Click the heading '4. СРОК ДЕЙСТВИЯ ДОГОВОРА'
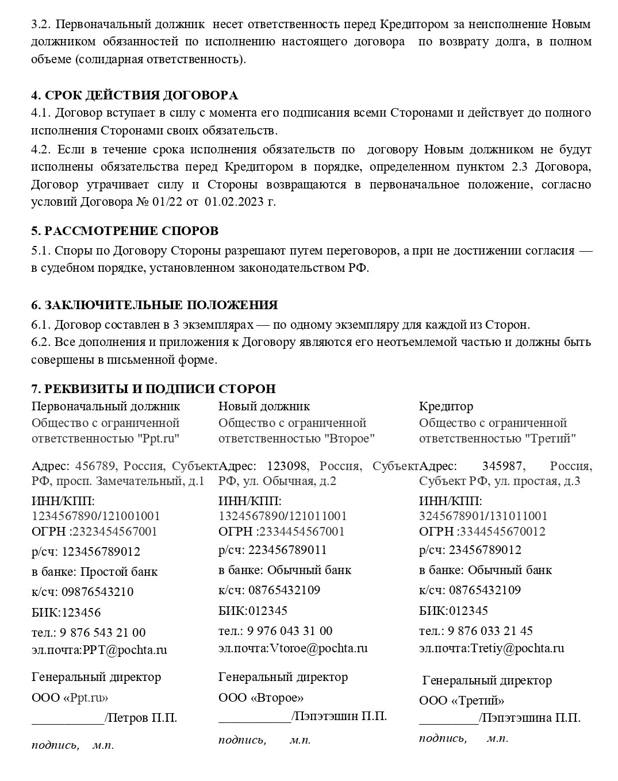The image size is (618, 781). click(x=134, y=95)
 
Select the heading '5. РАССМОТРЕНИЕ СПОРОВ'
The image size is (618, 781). click(x=125, y=231)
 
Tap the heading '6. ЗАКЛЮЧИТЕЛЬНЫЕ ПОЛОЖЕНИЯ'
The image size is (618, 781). click(x=154, y=305)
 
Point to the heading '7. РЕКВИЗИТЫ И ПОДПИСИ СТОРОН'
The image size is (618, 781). click(x=153, y=389)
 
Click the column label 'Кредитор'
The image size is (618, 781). click(x=446, y=406)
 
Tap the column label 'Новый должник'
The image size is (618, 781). click(x=264, y=406)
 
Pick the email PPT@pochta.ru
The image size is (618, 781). click(x=125, y=650)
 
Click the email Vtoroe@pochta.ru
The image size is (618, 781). click(x=318, y=648)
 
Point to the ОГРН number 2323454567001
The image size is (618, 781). click(x=115, y=532)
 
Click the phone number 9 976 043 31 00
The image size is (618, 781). click(x=290, y=631)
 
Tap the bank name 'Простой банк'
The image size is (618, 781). click(x=118, y=572)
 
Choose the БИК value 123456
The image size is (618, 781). click(x=81, y=613)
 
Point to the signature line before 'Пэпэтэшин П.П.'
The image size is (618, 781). click(x=255, y=717)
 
